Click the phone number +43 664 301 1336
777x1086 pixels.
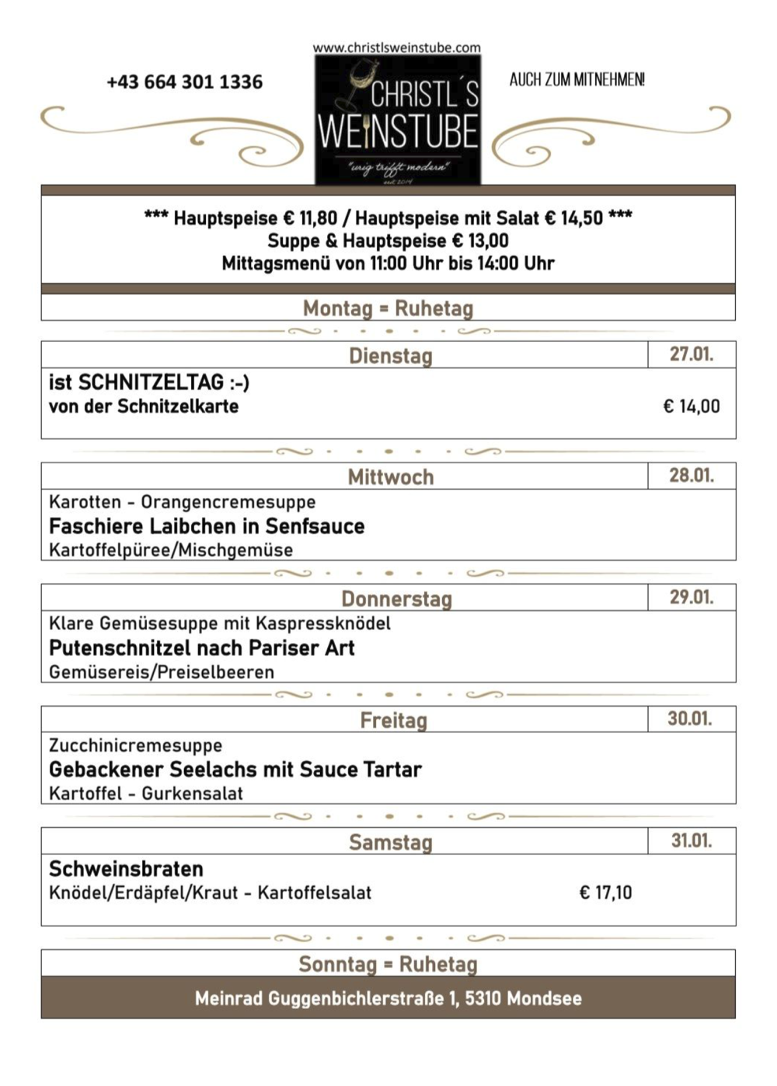(185, 82)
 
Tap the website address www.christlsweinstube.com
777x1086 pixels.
(396, 47)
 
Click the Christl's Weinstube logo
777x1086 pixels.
(398, 121)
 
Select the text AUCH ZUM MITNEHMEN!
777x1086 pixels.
(577, 79)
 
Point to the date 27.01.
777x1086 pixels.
(692, 354)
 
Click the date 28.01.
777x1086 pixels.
(692, 476)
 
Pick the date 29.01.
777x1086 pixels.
(692, 597)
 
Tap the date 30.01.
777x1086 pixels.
(690, 718)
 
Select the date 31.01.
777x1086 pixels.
(692, 840)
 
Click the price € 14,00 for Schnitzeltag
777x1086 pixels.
(691, 407)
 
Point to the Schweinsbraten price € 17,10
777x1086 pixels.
(605, 892)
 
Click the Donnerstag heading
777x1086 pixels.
(396, 599)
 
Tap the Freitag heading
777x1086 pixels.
(393, 721)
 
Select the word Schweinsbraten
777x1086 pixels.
(126, 869)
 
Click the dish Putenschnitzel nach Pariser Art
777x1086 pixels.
(201, 648)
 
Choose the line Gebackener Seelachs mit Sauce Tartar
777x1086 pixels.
(235, 770)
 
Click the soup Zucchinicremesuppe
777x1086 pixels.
(135, 746)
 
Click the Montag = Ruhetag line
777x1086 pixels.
(388, 309)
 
